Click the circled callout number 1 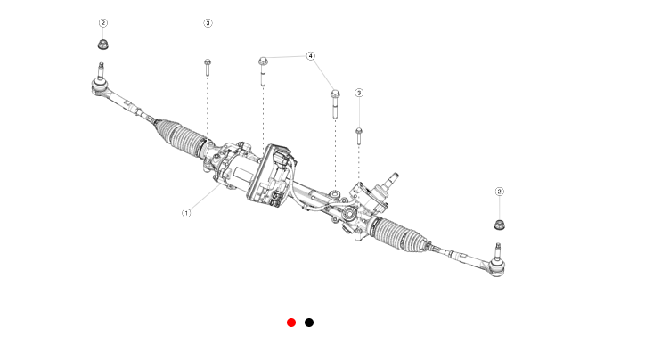pyautogui.click(x=186, y=212)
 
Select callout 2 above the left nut pyautogui.click(x=103, y=22)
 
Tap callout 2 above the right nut pyautogui.click(x=499, y=192)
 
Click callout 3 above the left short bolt pyautogui.click(x=208, y=22)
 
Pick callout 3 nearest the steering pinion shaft pyautogui.click(x=359, y=93)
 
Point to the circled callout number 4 pyautogui.click(x=311, y=56)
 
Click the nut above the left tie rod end pyautogui.click(x=103, y=44)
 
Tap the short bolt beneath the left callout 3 pyautogui.click(x=208, y=67)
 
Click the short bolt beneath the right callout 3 pyautogui.click(x=358, y=135)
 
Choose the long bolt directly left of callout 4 pyautogui.click(x=263, y=70)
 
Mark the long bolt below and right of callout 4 pyautogui.click(x=335, y=102)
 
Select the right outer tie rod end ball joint pyautogui.click(x=495, y=266)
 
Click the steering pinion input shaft pyautogui.click(x=392, y=182)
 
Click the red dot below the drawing pyautogui.click(x=291, y=323)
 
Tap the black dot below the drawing pyautogui.click(x=309, y=323)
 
